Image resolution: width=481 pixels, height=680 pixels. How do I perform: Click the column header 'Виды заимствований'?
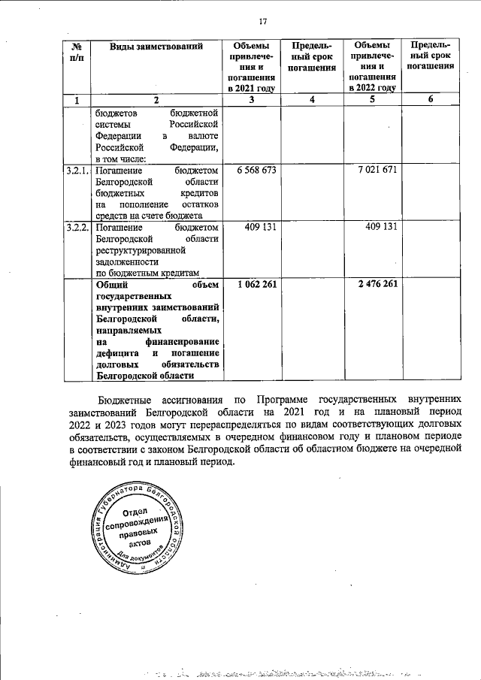coord(156,47)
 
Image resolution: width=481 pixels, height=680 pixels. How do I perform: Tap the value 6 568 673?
coord(256,171)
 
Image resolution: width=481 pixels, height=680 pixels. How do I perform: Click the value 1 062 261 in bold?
coord(256,284)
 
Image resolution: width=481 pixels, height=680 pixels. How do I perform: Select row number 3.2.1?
coord(77,171)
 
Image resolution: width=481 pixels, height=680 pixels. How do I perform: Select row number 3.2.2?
coord(77,228)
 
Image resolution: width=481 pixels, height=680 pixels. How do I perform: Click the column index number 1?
coord(76,100)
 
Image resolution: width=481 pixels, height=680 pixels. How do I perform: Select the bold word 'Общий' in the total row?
coord(111,284)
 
